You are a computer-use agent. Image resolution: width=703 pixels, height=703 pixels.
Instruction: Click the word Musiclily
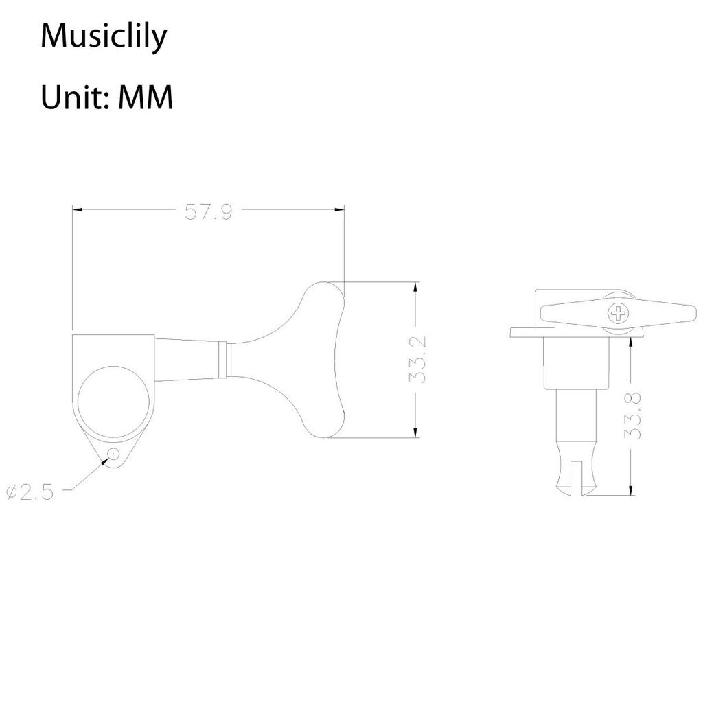click(103, 37)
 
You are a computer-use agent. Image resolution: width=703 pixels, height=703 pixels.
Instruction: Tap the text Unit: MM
click(106, 97)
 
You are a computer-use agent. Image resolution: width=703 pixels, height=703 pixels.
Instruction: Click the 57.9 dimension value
click(208, 212)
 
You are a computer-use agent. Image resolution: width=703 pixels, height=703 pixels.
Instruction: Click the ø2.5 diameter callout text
click(30, 492)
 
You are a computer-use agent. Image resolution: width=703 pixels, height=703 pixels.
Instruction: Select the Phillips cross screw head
click(618, 314)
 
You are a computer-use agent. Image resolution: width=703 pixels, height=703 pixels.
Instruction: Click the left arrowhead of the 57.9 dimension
click(77, 210)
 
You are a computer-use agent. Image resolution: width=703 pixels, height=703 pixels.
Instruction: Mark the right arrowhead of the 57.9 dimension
click(339, 210)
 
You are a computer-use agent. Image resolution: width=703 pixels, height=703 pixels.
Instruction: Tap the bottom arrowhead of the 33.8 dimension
click(630, 489)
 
